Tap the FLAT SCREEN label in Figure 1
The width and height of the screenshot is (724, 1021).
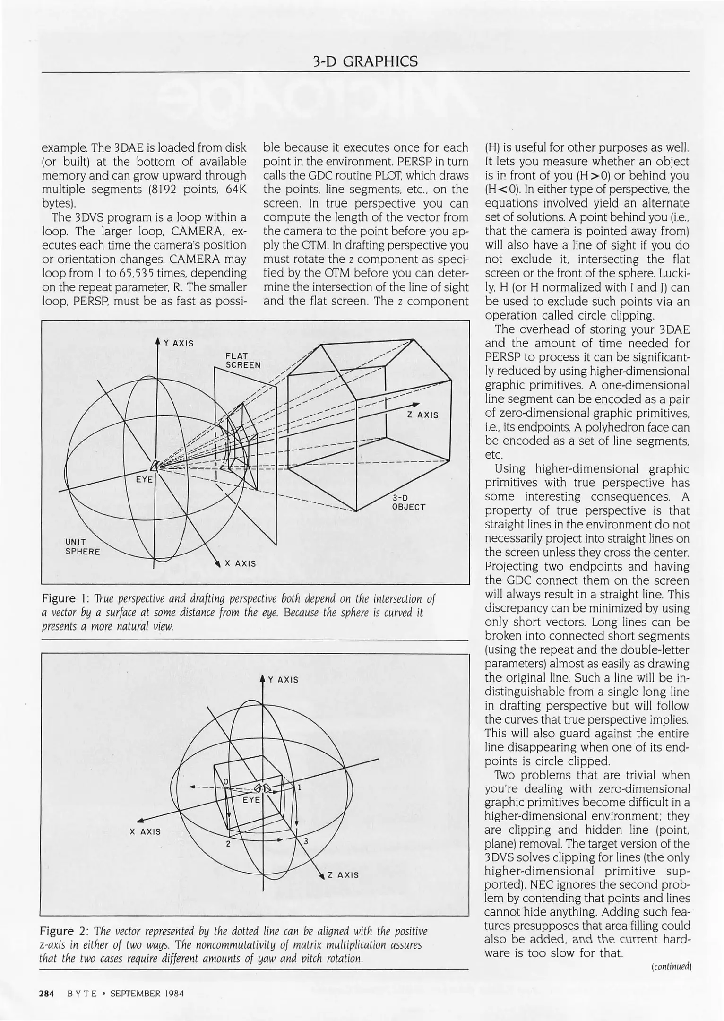[243, 360]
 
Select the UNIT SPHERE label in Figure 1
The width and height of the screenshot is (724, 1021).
[82, 547]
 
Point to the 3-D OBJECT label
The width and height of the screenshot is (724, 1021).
[408, 503]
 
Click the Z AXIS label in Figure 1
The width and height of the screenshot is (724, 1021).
[422, 415]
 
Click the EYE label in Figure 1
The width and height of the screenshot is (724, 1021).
[144, 479]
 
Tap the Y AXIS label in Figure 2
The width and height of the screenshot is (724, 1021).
[283, 680]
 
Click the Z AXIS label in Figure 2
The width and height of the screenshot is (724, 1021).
[343, 875]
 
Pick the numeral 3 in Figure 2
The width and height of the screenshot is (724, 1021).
[306, 841]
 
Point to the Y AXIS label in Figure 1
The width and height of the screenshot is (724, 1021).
[178, 343]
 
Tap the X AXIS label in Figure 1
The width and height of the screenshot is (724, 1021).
[240, 563]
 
